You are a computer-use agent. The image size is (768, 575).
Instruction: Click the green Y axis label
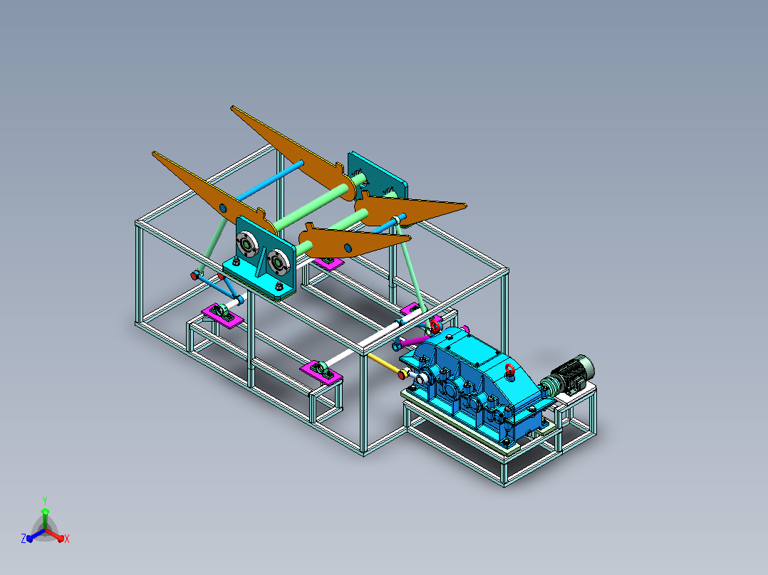[x=45, y=500]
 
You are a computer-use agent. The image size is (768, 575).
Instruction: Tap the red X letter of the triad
[x=67, y=539]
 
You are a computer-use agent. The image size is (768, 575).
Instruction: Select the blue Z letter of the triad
[x=23, y=539]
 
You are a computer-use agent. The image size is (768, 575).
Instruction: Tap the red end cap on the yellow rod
[x=402, y=375]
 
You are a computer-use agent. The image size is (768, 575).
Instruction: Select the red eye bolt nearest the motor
[x=510, y=370]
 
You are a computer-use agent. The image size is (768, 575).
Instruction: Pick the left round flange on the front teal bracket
[x=247, y=243]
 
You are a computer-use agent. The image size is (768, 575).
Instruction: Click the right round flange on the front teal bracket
[x=277, y=263]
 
